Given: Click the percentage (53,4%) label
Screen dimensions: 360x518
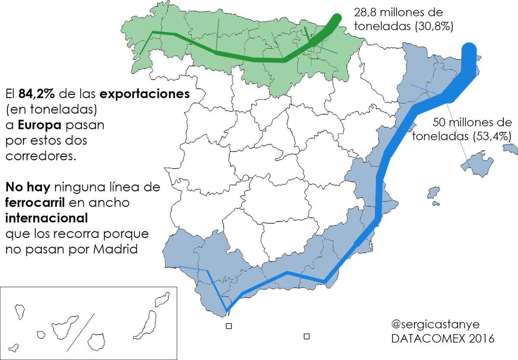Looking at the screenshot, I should point(487,136).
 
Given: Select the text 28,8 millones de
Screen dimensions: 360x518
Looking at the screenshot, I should point(398,12).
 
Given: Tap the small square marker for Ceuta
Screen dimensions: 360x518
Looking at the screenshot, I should point(229,326).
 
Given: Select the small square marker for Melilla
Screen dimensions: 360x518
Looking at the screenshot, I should point(307,336).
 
